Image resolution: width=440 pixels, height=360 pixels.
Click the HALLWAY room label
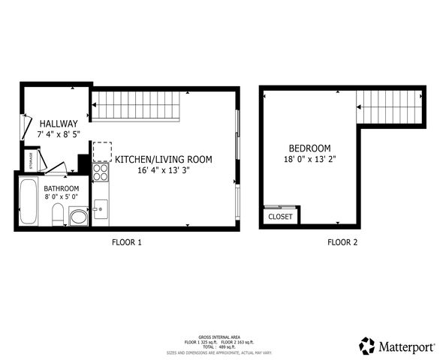click(x=59, y=124)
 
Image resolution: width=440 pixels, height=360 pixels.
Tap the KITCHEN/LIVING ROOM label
click(x=163, y=159)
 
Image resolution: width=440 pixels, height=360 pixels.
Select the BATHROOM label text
click(x=62, y=188)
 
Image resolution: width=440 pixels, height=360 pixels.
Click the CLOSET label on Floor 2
click(x=280, y=216)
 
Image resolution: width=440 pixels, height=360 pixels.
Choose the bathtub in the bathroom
click(x=29, y=201)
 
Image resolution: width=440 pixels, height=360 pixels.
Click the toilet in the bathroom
click(x=58, y=216)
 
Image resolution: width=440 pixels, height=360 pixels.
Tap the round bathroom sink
click(x=78, y=217)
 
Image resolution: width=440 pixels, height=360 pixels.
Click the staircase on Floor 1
click(x=137, y=105)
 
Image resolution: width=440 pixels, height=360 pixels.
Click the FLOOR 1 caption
click(x=126, y=242)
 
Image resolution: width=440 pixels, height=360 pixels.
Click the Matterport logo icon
click(x=366, y=346)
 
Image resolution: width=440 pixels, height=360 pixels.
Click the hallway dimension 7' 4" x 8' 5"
click(x=59, y=134)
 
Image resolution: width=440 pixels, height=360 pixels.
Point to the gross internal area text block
click(x=219, y=345)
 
